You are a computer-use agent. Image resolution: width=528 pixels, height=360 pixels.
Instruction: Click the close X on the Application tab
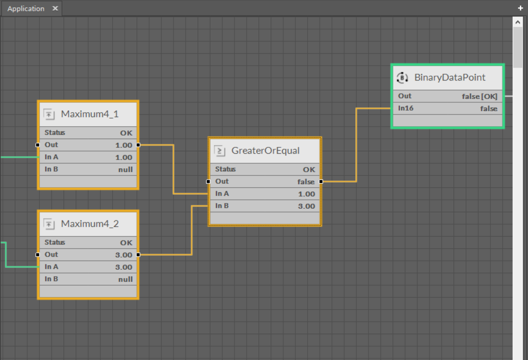[55, 8]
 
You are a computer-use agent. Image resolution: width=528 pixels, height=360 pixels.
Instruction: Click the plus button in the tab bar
[521, 8]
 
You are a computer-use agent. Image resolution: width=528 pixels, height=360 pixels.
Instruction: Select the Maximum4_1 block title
[90, 114]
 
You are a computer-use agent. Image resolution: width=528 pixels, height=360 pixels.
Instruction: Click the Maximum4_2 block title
[90, 224]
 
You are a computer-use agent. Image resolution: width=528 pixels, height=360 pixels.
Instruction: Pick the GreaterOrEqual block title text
[265, 151]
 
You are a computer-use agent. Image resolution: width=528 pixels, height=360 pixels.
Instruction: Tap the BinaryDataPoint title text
[450, 77]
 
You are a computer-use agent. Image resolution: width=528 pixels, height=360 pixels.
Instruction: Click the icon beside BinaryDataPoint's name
[402, 77]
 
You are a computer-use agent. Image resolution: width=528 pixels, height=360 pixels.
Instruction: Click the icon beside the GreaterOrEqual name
[220, 151]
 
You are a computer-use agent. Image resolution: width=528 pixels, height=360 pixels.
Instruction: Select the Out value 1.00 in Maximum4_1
[124, 145]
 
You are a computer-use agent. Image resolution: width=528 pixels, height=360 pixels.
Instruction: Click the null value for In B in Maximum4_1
[125, 169]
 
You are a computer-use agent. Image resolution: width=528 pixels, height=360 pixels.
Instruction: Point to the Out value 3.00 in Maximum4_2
[124, 255]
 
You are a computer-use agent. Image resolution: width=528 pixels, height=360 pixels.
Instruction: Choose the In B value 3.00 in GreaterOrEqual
[307, 206]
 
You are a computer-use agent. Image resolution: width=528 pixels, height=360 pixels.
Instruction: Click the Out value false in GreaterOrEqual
[306, 181]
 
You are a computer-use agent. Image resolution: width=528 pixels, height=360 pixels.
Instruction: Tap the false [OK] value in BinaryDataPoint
[480, 96]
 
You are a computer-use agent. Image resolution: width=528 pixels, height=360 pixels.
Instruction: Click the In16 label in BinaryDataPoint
[406, 108]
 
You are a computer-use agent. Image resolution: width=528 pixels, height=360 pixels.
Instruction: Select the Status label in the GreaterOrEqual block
[225, 169]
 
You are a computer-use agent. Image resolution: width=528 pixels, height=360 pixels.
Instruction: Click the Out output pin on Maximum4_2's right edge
[138, 255]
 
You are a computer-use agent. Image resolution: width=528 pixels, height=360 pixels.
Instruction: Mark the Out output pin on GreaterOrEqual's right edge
[321, 181]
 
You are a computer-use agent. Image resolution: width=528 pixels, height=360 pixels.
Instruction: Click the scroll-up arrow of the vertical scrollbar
[518, 22]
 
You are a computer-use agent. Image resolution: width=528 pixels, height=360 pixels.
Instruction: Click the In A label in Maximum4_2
[51, 267]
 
